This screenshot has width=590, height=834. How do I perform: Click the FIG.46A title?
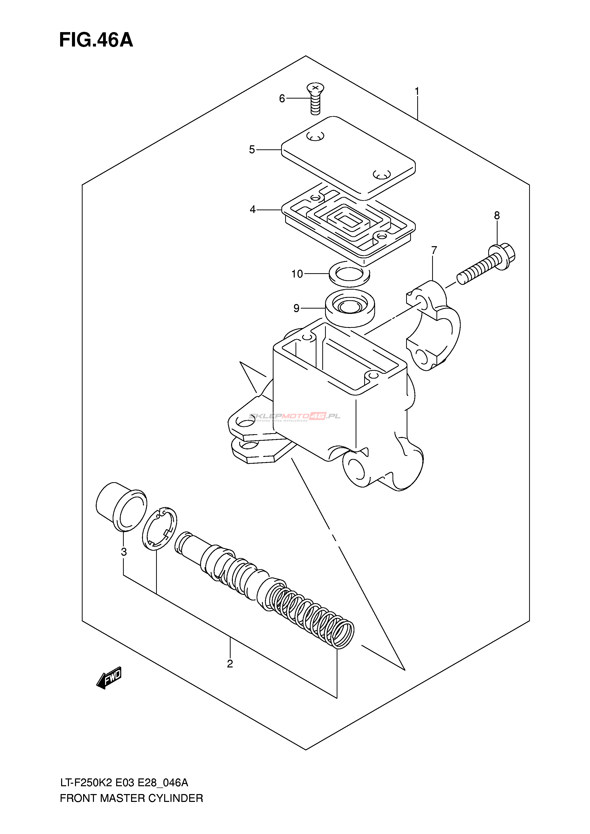tap(96, 40)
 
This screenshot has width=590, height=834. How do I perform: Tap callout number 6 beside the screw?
tap(282, 99)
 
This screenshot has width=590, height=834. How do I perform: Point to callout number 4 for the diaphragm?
tap(253, 210)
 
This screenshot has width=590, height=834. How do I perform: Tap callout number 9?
tap(297, 308)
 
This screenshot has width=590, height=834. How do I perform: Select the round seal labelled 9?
tap(350, 307)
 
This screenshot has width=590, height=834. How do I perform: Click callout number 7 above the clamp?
tap(434, 250)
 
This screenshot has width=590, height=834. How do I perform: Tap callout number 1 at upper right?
tap(417, 91)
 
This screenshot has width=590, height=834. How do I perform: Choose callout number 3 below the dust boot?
tap(124, 552)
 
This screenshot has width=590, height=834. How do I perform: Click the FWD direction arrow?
tap(109, 678)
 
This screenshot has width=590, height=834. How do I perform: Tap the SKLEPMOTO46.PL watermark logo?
tap(294, 417)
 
